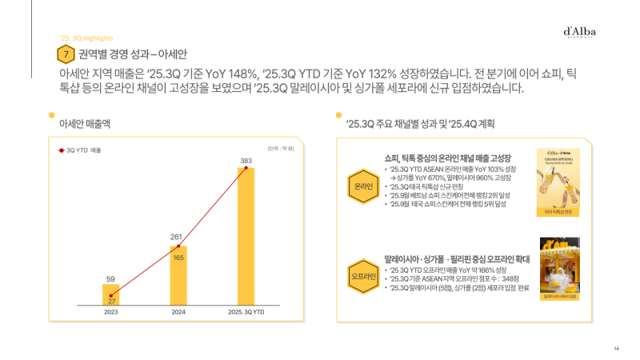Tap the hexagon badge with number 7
click(63, 54)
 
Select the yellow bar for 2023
click(110, 294)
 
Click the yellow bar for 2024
click(178, 275)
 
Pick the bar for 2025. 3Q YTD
click(246, 236)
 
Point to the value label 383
click(246, 161)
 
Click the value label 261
click(178, 237)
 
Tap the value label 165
click(179, 258)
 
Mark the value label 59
click(110, 279)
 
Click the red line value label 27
click(111, 301)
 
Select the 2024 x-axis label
click(179, 313)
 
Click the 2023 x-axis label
click(111, 313)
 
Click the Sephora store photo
click(559, 267)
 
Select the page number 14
click(616, 348)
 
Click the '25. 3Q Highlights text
click(86, 38)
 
